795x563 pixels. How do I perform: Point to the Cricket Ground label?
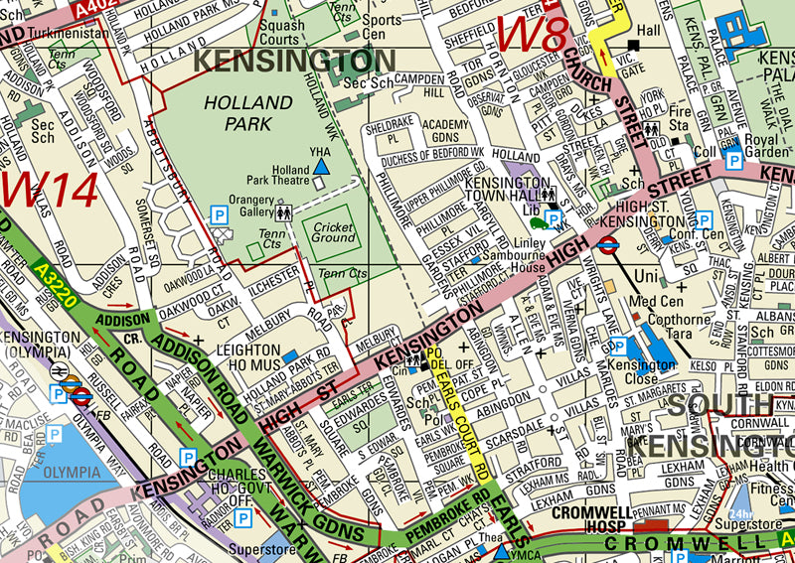coord(333,232)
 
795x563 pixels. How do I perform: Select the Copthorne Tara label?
coord(678,327)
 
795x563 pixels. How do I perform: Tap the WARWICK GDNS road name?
coord(288,492)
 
